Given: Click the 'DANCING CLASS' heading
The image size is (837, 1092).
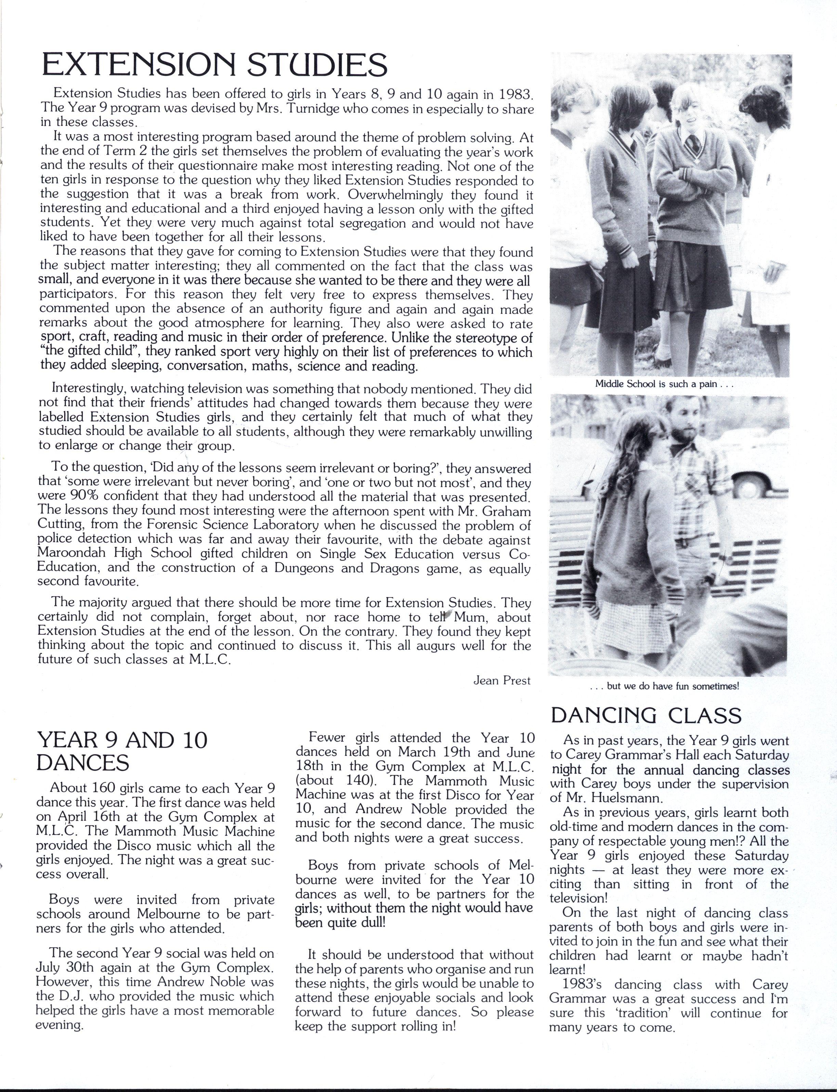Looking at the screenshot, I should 646,716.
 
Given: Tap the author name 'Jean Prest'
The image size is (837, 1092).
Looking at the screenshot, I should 502,680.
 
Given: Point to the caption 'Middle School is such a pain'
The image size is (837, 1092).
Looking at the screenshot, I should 665,384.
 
